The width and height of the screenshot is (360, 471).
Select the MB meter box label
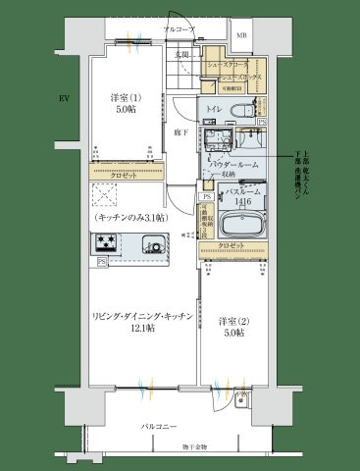(x=242, y=39)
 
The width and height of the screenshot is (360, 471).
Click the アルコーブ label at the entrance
(x=178, y=31)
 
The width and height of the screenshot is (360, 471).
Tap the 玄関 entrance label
(x=181, y=54)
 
